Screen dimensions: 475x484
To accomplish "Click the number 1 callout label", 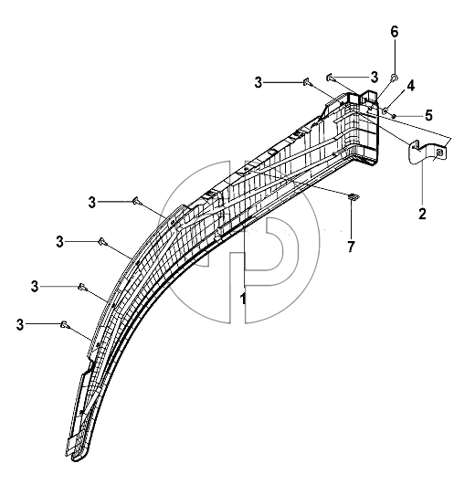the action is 243,300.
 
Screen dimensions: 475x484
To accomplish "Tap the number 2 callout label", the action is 422,214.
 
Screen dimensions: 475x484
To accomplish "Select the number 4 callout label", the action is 410,86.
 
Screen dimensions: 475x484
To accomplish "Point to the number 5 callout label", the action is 428,115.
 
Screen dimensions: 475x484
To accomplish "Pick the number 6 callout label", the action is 395,32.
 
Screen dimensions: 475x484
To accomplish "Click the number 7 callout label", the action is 351,247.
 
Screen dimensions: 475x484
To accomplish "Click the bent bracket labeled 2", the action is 427,152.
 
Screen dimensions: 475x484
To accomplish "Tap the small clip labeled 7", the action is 352,196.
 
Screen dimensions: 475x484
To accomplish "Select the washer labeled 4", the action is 385,110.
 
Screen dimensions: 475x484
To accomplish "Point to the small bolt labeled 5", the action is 394,116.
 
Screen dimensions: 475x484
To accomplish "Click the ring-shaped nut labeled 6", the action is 395,77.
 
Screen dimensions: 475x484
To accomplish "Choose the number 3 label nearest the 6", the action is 374,78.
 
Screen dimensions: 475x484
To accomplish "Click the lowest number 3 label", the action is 20,325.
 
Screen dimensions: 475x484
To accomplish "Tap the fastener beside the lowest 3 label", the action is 65,324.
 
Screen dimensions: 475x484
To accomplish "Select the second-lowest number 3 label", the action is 35,287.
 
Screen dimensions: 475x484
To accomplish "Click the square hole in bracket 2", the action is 439,152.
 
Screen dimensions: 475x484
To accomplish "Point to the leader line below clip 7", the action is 352,220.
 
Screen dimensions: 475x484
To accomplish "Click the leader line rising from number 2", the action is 422,184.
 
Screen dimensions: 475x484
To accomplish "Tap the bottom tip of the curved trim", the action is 74,460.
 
